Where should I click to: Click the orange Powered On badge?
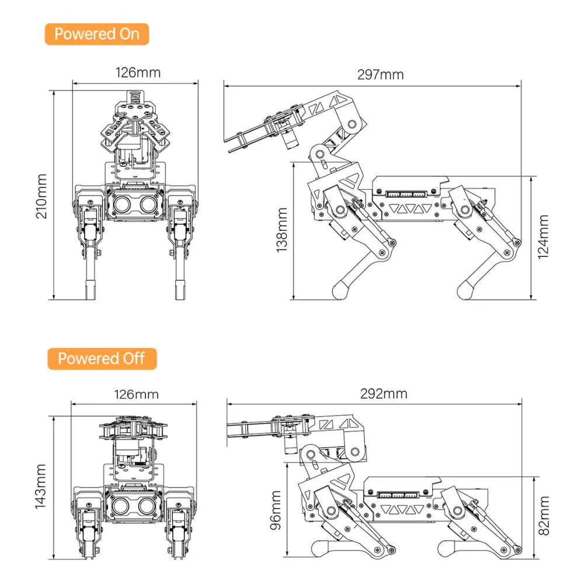96,34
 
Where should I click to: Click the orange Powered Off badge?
102,358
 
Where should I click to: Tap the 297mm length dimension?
380,74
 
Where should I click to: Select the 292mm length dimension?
384,394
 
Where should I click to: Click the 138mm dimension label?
282,230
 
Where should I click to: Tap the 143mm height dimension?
41,486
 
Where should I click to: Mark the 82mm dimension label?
544,516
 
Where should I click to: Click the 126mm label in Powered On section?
138,72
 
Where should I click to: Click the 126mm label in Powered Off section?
136,394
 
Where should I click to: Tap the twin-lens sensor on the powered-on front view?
134,203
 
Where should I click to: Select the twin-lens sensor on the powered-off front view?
134,506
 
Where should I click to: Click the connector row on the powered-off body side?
398,494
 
